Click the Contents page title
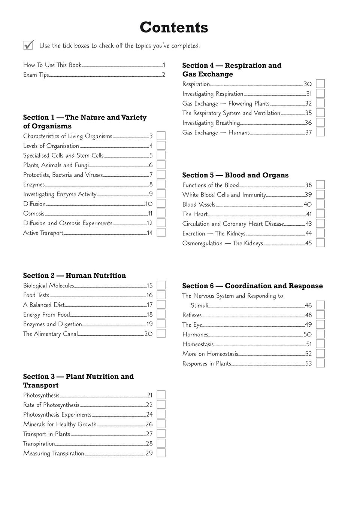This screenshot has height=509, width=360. tap(174, 28)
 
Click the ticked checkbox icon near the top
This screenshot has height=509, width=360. tap(28, 45)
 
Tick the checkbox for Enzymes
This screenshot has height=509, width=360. tap(161, 184)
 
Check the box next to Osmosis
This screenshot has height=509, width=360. tap(161, 213)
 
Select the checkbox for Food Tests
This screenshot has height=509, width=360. tap(161, 295)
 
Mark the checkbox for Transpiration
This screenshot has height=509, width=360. tap(161, 443)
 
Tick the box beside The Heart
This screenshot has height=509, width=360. tap(320, 214)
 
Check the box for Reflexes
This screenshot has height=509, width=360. tap(320, 315)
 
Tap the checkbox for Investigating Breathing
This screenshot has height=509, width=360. tap(320, 122)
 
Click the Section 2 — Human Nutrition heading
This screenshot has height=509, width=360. tap(75, 275)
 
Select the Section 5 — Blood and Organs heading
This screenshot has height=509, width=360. tap(235, 175)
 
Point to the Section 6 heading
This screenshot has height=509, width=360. tap(252, 286)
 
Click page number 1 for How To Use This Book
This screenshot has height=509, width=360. tap(164, 65)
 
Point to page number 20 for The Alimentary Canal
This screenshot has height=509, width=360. tap(149, 334)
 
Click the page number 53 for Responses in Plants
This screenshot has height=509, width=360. tap(308, 363)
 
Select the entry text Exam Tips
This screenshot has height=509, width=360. tap(36, 75)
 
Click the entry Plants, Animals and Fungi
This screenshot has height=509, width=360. tap(56, 165)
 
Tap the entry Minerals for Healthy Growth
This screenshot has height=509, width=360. tap(60, 424)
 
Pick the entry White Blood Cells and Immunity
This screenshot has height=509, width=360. tap(224, 195)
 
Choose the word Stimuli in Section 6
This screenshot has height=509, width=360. tap(199, 305)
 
